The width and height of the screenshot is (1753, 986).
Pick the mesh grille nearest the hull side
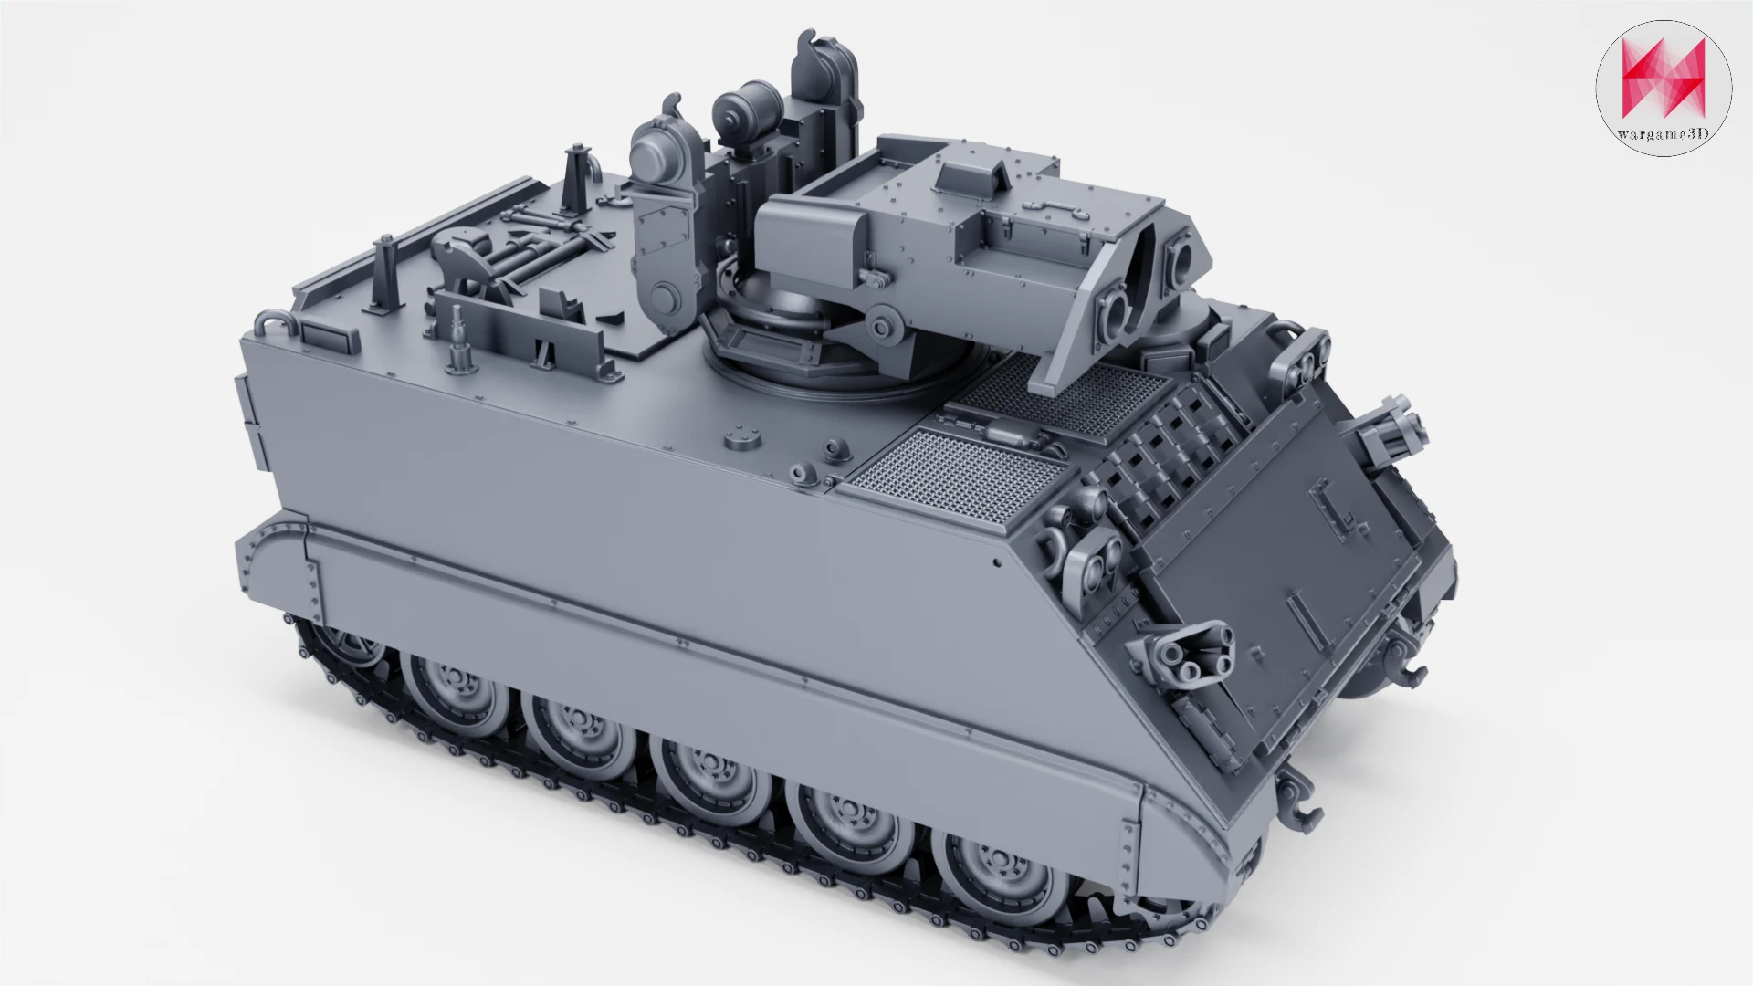[953, 475]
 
